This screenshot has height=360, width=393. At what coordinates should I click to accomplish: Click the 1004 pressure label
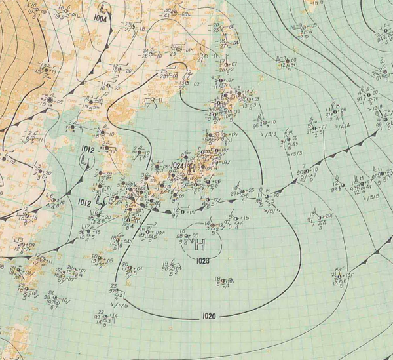102,19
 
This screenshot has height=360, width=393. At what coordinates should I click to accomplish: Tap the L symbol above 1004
103,9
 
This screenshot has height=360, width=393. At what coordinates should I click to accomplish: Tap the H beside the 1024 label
191,167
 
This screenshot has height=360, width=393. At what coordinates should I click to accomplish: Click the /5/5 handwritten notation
274,210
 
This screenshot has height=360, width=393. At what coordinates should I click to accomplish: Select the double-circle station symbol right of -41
179,48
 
